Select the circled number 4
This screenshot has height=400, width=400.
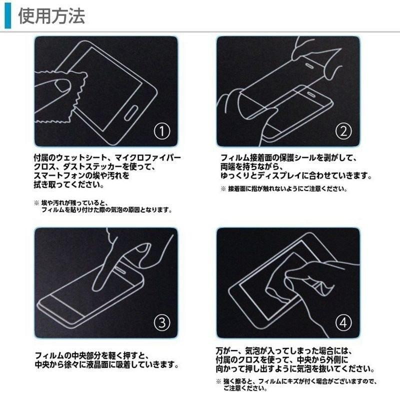tap(343, 323)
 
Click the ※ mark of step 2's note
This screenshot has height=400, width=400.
tap(223, 189)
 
